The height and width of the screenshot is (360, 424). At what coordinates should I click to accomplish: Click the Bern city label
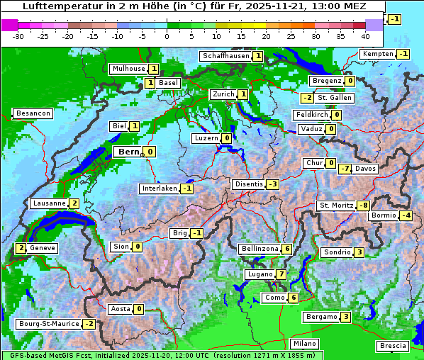click(128, 152)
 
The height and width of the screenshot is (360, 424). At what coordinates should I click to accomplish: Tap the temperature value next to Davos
click(345, 169)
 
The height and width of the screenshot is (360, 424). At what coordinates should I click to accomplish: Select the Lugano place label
click(259, 274)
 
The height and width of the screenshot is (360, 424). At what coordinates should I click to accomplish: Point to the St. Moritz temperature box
click(363, 206)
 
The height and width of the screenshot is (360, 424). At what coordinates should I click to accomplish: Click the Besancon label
click(33, 113)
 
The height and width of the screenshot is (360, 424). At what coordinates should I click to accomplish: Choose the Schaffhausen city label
click(225, 56)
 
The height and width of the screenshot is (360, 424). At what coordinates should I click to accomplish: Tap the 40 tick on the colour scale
click(365, 35)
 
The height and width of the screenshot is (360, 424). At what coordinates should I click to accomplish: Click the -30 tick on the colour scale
click(18, 35)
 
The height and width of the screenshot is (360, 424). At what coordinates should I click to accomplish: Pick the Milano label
click(305, 344)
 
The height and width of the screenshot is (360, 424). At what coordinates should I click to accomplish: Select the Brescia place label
click(393, 346)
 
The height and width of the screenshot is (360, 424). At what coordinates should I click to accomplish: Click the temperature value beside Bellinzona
click(286, 249)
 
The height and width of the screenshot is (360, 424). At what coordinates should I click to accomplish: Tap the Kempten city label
click(377, 54)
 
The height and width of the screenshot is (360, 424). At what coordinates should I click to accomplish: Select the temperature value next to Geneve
click(21, 248)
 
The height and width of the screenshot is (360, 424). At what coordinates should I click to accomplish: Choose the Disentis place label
click(248, 184)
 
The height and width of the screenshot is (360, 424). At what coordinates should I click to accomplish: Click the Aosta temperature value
click(139, 308)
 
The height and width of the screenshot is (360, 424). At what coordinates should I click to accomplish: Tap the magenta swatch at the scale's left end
click(9, 24)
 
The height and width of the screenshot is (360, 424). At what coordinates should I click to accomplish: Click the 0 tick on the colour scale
click(167, 35)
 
